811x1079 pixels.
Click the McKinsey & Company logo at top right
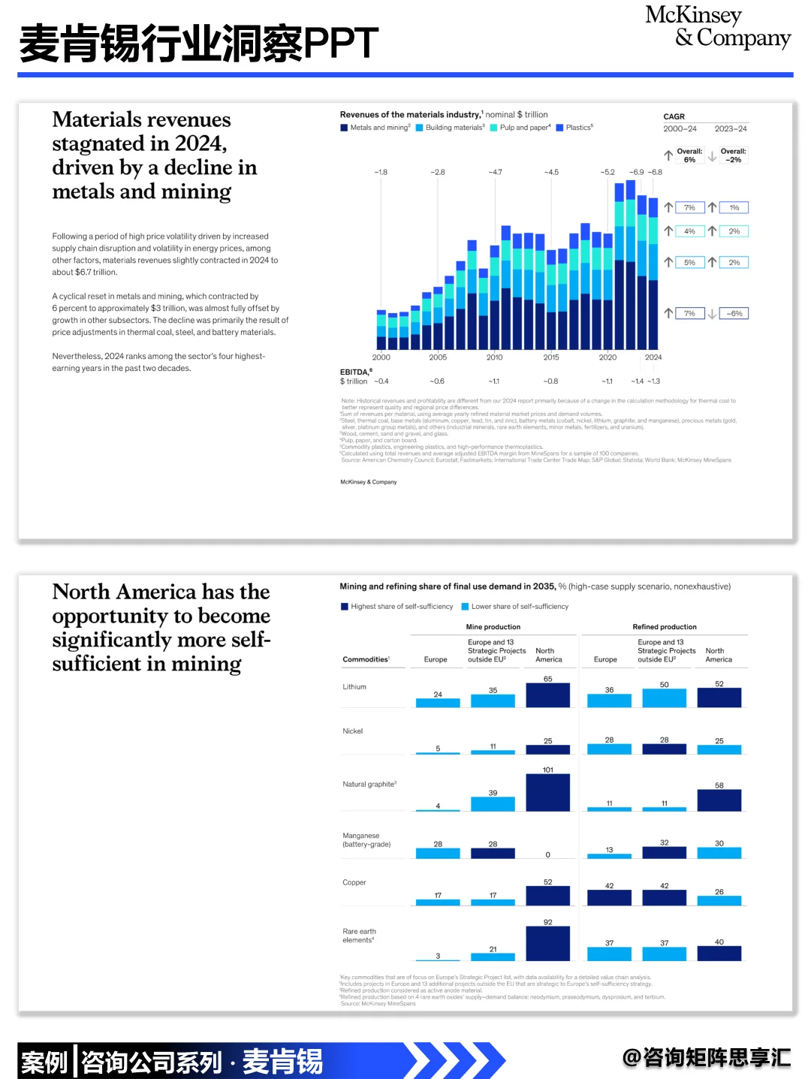pyautogui.click(x=717, y=27)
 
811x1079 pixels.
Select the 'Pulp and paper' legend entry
pyautogui.click(x=524, y=128)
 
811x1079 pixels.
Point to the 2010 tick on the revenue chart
pyautogui.click(x=494, y=357)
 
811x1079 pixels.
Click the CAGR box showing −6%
pyautogui.click(x=734, y=314)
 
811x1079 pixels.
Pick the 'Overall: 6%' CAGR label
pyautogui.click(x=689, y=155)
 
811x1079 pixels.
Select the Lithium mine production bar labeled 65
pyautogui.click(x=547, y=695)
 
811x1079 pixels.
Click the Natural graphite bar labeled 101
pyautogui.click(x=547, y=792)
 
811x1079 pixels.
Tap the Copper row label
pyautogui.click(x=354, y=882)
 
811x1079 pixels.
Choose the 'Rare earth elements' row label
pyautogui.click(x=359, y=936)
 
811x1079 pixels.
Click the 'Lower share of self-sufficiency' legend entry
pyautogui.click(x=519, y=607)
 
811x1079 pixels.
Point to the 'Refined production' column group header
pyautogui.click(x=665, y=627)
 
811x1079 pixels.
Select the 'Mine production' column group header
pyautogui.click(x=493, y=627)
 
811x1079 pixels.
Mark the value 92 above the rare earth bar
pyautogui.click(x=547, y=922)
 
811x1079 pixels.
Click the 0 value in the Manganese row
pyautogui.click(x=547, y=854)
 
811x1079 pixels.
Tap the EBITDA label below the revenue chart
pyautogui.click(x=355, y=372)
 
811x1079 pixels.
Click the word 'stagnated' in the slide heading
pyautogui.click(x=110, y=143)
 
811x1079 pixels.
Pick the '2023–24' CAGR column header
pyautogui.click(x=731, y=129)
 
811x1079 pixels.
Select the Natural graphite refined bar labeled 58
pyautogui.click(x=719, y=800)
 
